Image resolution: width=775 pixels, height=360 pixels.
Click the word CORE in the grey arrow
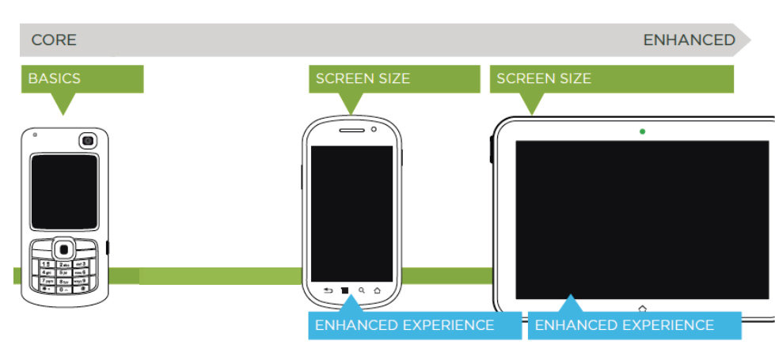[x=54, y=40]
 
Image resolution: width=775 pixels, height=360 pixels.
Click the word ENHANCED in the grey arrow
[x=689, y=40]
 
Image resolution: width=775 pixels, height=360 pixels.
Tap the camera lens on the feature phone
[x=86, y=141]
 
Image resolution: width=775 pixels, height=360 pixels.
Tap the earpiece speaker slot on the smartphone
[x=351, y=130]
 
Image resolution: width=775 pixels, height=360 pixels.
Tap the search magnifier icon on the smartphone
[x=362, y=290]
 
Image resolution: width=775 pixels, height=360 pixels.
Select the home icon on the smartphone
[x=378, y=290]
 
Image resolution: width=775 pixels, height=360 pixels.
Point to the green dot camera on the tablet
[x=642, y=131]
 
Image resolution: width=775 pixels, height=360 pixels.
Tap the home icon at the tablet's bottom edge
[x=642, y=307]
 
